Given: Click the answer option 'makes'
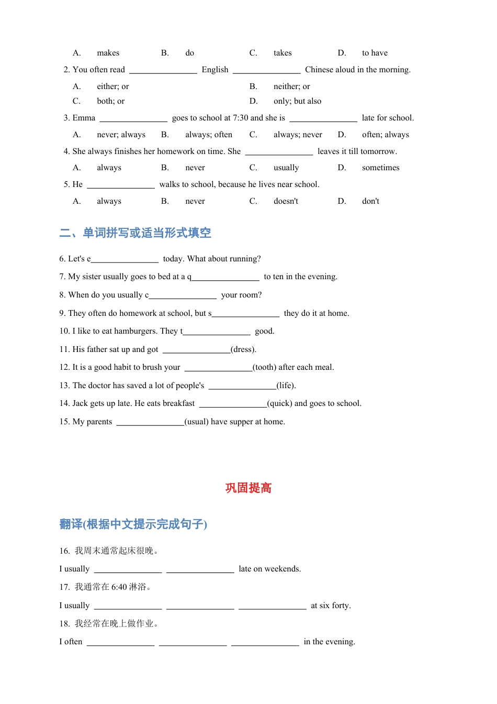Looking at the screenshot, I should [108, 53].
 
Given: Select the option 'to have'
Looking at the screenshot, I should [375, 53].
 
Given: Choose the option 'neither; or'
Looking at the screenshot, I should [291, 86].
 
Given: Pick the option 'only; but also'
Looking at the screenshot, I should [297, 101].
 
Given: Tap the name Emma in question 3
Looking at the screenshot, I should [84, 118].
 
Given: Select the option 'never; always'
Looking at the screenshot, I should [121, 135].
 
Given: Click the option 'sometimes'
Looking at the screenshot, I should [380, 168].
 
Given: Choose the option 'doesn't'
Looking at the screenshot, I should [286, 201].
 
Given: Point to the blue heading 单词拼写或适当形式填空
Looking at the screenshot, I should [146, 233].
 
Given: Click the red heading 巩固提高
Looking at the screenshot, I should [249, 488].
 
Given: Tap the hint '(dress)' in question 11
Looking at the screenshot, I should [243, 349].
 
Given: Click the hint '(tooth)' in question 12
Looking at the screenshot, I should [265, 367].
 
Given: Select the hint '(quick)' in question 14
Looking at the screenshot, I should [279, 403].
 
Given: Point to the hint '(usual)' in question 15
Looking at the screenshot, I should [196, 422].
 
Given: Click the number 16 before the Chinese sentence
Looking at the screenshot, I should [64, 551].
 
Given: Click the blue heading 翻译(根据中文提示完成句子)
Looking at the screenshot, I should [133, 524].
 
